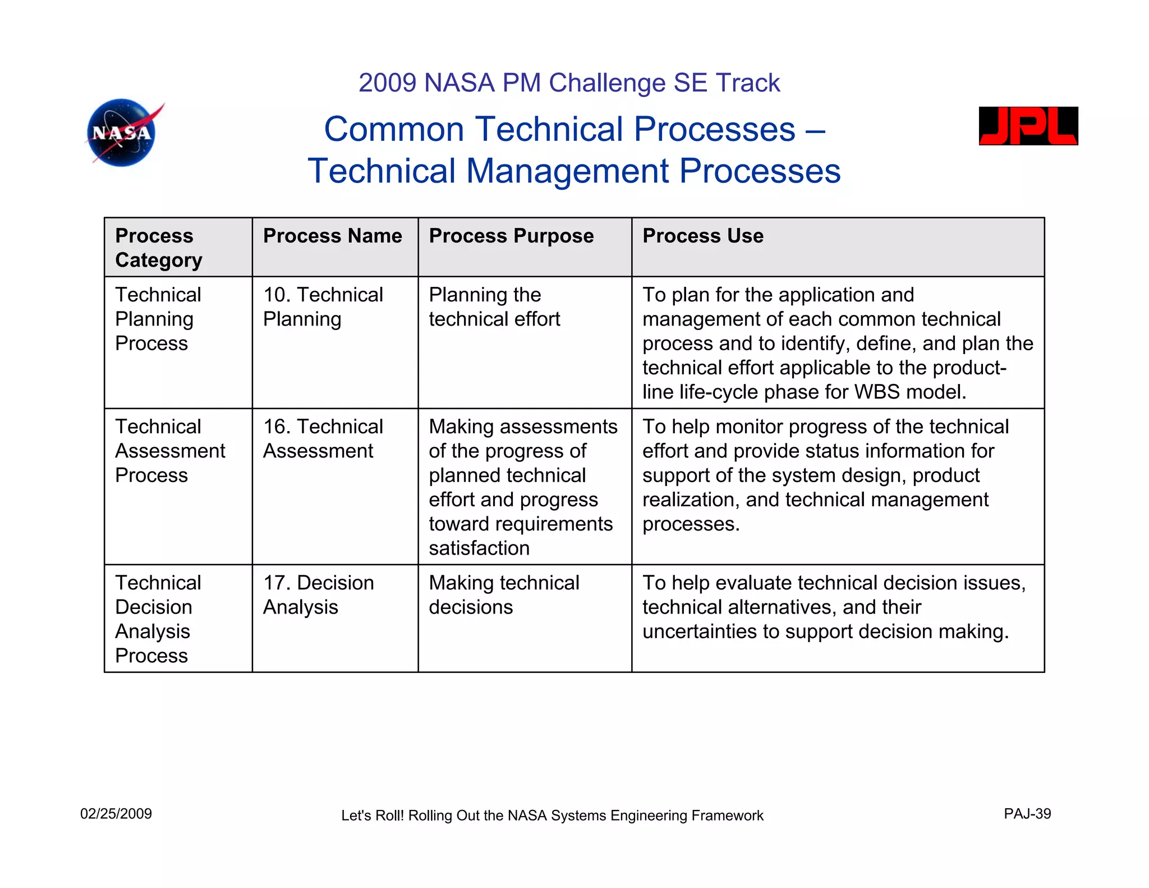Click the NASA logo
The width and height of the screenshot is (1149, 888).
[122, 133]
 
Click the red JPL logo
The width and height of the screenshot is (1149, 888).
[1028, 126]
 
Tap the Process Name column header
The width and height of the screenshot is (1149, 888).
[332, 236]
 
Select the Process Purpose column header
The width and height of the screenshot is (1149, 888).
[511, 236]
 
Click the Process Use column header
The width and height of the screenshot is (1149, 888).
[702, 236]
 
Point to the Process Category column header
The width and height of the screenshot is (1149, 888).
[158, 248]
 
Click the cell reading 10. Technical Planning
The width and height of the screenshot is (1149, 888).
[323, 306]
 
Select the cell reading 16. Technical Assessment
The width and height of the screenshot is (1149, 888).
[323, 438]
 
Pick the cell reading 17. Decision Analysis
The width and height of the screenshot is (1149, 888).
[318, 594]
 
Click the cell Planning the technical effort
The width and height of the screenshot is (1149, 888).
[494, 306]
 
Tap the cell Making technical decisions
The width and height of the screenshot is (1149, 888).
[503, 594]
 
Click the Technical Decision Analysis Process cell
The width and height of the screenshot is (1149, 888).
[158, 619]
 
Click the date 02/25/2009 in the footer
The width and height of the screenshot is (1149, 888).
[116, 814]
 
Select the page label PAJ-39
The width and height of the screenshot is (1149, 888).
[1027, 814]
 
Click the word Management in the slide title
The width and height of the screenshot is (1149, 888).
[567, 171]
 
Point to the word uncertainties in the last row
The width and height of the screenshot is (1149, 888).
[699, 631]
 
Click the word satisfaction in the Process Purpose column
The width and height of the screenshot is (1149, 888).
[479, 548]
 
